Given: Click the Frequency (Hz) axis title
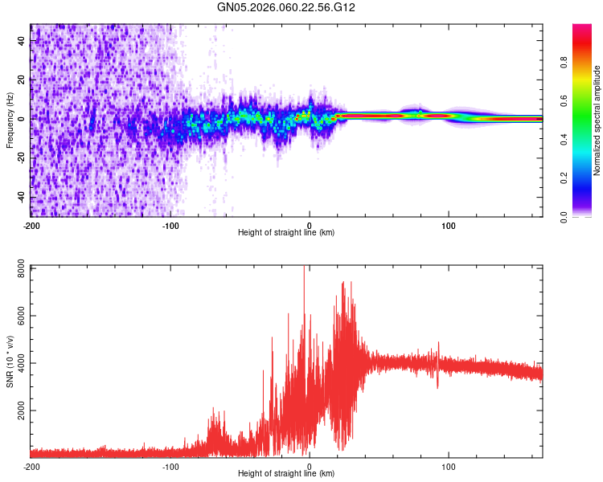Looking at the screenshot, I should pyautogui.click(x=10, y=120).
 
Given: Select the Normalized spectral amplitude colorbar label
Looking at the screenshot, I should pyautogui.click(x=597, y=120).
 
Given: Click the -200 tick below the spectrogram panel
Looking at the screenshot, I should pyautogui.click(x=31, y=224).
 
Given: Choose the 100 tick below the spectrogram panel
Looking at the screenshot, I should pyautogui.click(x=449, y=224).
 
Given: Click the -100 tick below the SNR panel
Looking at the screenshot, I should pyautogui.click(x=170, y=466).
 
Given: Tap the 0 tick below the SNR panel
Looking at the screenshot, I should pyautogui.click(x=310, y=466).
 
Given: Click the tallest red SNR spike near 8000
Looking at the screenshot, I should pyautogui.click(x=304, y=269).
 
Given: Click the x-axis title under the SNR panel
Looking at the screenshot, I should pyautogui.click(x=286, y=474).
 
